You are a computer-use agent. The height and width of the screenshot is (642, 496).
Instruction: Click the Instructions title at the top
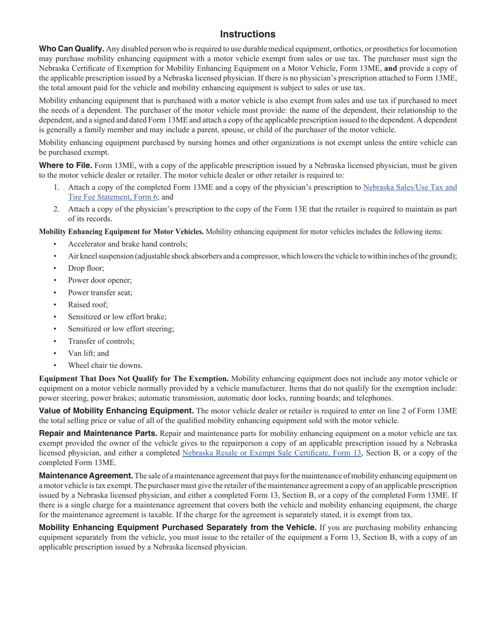(x=247, y=34)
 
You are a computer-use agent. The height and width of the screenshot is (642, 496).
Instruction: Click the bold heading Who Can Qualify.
(x=72, y=49)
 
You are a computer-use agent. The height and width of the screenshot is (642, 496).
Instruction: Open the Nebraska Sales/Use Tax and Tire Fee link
(x=410, y=187)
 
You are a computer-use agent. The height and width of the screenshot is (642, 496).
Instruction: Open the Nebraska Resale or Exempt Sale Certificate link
(x=271, y=453)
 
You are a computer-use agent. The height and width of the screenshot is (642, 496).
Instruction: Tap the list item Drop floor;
(x=86, y=268)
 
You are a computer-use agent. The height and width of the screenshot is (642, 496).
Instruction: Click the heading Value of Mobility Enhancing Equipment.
(x=116, y=411)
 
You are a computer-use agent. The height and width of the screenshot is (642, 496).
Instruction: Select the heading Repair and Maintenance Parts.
(x=98, y=433)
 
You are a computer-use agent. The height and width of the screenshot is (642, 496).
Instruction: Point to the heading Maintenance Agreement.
(x=86, y=475)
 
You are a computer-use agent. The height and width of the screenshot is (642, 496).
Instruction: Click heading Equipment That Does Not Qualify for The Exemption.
(x=134, y=378)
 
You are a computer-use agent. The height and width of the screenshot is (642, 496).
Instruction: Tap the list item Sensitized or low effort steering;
(x=121, y=329)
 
